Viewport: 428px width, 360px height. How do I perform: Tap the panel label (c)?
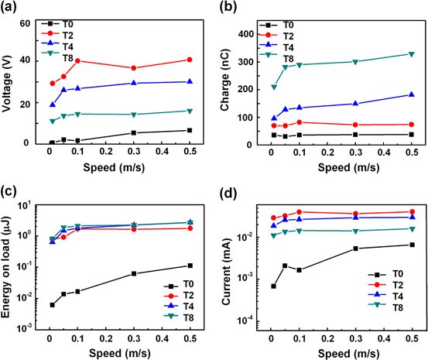(x=13, y=193)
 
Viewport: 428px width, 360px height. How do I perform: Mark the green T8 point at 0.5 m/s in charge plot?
(x=412, y=54)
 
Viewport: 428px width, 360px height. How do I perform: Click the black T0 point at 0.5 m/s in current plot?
(x=412, y=245)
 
